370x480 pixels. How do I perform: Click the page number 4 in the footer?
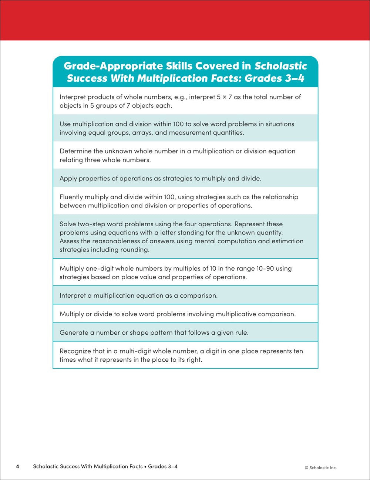(x=17, y=466)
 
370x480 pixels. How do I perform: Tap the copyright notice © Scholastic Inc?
(x=321, y=468)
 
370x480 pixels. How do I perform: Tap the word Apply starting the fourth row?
(x=68, y=178)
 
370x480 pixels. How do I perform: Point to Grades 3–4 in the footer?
(x=163, y=466)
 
